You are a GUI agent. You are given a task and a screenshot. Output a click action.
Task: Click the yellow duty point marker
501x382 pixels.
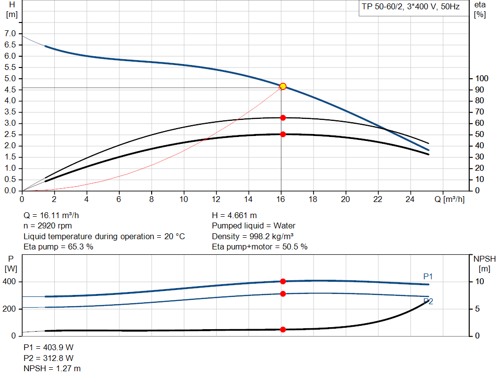pos(283,86)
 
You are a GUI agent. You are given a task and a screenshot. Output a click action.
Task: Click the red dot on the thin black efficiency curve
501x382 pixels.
pos(283,117)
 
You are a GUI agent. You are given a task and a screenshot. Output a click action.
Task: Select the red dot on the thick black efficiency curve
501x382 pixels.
pos(283,134)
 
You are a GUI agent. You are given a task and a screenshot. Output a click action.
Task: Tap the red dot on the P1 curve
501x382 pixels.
pos(283,281)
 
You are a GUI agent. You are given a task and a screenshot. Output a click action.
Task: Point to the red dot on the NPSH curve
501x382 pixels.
pos(283,330)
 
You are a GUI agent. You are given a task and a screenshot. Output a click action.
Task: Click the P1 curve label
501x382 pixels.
pos(428,277)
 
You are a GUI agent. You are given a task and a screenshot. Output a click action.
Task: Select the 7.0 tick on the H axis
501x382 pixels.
pos(10,33)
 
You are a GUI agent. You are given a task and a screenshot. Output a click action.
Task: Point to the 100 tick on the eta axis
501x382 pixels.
pos(482,79)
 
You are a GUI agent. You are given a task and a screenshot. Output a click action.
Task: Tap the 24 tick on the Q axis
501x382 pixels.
pos(410,199)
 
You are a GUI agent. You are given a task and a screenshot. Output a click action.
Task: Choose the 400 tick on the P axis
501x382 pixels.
pos(10,282)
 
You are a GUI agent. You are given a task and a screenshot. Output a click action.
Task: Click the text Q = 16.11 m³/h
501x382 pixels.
pos(51,215)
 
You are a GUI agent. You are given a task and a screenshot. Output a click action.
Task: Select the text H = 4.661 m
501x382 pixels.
pos(234,215)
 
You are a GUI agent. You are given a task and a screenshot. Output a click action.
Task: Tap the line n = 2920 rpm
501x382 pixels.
pos(48,226)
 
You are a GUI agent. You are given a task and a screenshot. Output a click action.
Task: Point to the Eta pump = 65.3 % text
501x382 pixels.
pos(59,247)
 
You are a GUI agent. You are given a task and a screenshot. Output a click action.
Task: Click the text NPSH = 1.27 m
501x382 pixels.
pos(52,368)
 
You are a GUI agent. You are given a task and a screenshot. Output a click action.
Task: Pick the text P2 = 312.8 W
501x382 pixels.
pos(48,358)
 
